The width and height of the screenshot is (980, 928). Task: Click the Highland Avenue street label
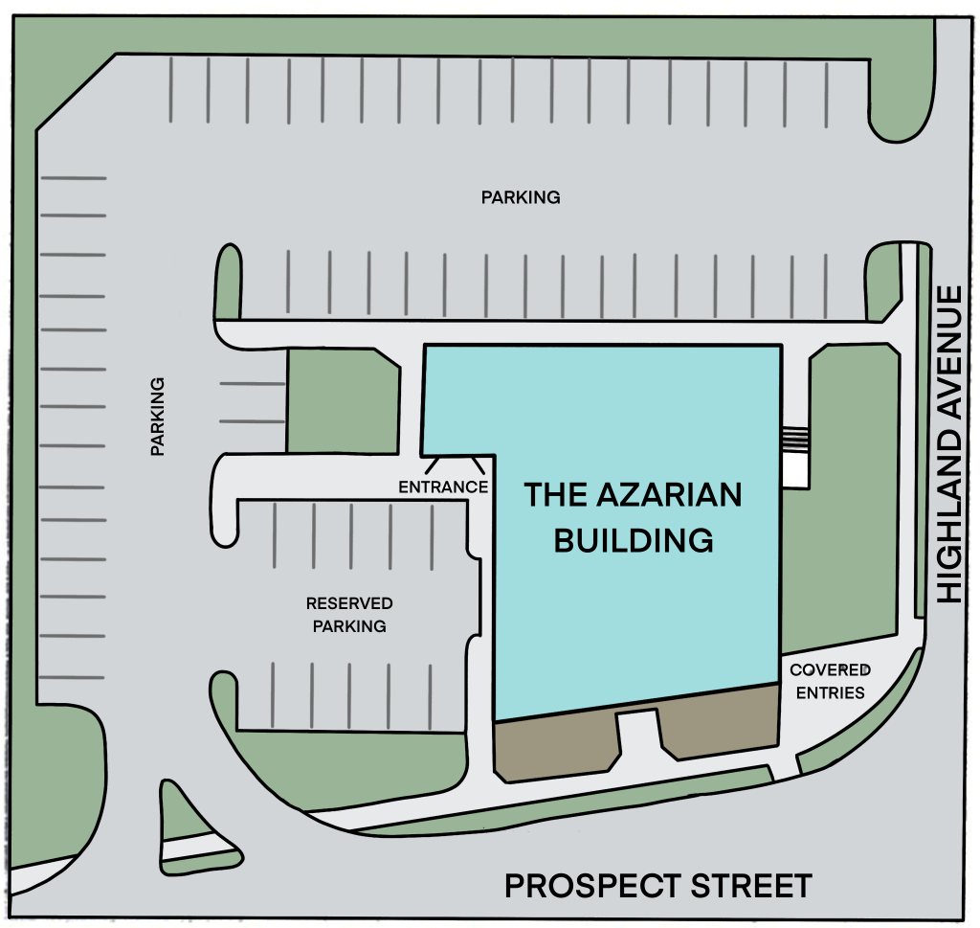point(949,444)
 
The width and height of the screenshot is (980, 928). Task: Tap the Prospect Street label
point(657,886)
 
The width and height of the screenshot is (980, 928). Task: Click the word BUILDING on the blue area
point(634,540)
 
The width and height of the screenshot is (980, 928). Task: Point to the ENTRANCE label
point(443,487)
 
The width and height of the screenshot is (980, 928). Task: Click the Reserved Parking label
point(348,615)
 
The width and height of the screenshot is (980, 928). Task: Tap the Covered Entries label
point(829,681)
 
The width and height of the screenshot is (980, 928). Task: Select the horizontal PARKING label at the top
point(520,198)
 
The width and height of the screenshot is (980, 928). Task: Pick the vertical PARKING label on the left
point(158,416)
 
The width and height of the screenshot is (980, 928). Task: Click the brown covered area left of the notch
point(555,747)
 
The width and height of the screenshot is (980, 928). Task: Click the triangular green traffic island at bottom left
point(187,814)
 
